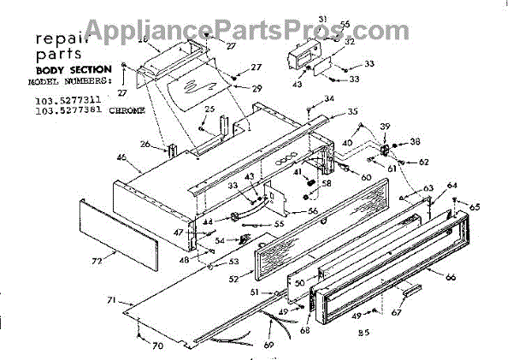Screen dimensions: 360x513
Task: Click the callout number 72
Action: point(97,258)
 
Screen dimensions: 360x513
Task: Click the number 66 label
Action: point(451,275)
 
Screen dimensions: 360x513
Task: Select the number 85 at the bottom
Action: point(363,333)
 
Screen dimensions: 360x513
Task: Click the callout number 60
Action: point(366,178)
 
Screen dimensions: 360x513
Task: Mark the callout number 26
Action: point(144,145)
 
